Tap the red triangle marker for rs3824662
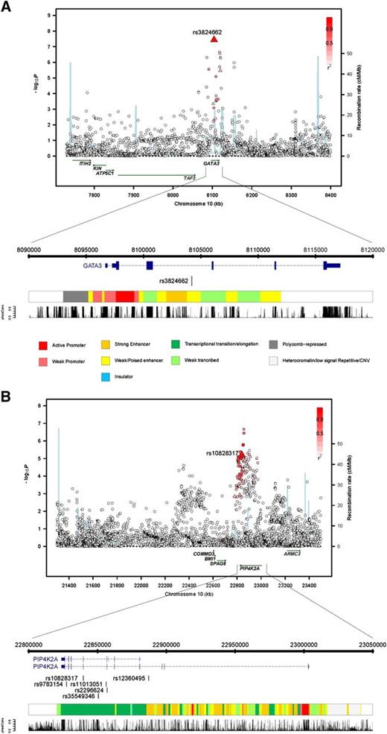[x=214, y=39]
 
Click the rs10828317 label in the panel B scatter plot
[x=222, y=452]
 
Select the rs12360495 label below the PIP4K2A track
[x=131, y=677]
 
